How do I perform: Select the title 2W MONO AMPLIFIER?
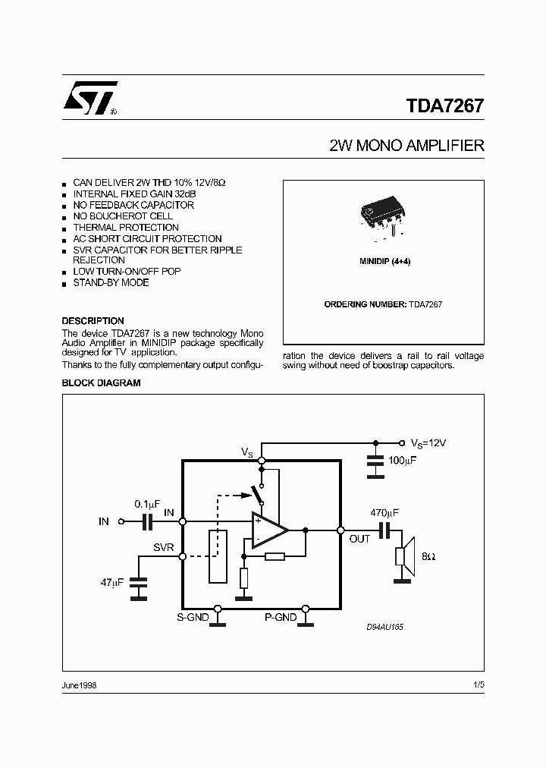pyautogui.click(x=406, y=146)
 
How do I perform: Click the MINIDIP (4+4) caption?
pyautogui.click(x=384, y=261)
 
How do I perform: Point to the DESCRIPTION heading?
pyautogui.click(x=93, y=321)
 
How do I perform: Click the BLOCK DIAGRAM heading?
pyautogui.click(x=101, y=383)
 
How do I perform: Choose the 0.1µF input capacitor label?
pyautogui.click(x=147, y=503)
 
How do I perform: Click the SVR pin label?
pyautogui.click(x=163, y=547)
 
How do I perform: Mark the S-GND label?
pyautogui.click(x=193, y=618)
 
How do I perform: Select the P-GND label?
pyautogui.click(x=280, y=618)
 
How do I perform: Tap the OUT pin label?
pyautogui.click(x=359, y=539)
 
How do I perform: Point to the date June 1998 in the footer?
pyautogui.click(x=79, y=685)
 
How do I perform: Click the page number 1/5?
pyautogui.click(x=478, y=685)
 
